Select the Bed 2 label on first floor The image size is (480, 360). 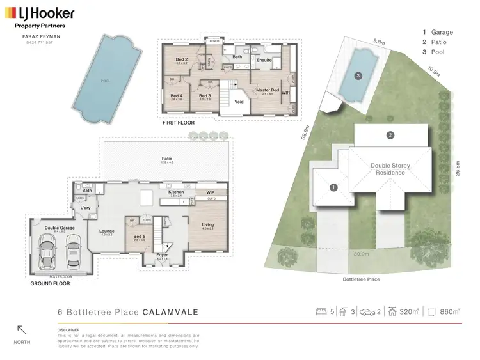[182, 59]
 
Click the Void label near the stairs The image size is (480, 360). [239, 101]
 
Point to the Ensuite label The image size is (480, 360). [264, 60]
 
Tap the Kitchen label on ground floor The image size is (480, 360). [176, 192]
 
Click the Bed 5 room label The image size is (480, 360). [140, 236]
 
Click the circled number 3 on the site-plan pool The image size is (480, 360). [358, 75]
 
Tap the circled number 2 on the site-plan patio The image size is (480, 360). [389, 135]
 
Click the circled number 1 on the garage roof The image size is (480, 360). [333, 187]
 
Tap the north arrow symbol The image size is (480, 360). [22, 331]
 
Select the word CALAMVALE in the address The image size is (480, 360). [171, 312]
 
